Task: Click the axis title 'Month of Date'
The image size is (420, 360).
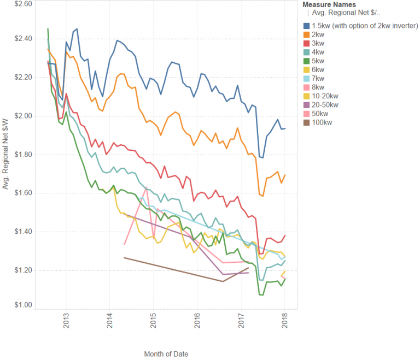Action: coord(166,354)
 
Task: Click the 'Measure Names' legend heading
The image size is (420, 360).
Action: coord(326,4)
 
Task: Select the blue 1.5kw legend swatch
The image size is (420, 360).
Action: coord(306,26)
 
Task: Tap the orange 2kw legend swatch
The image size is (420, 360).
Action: coord(306,34)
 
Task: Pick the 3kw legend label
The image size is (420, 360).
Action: coord(319,43)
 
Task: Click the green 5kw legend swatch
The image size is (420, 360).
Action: coord(306,61)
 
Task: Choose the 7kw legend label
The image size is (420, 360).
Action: coord(319,78)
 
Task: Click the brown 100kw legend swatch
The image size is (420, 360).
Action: coord(306,122)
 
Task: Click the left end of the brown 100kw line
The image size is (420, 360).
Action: coord(125,257)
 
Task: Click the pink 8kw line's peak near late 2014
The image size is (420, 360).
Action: coord(147,187)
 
